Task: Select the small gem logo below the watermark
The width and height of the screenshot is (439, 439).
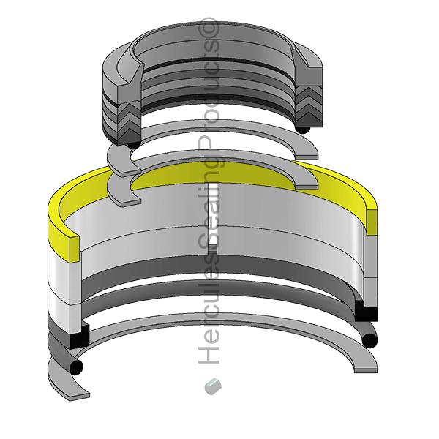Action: tap(213, 386)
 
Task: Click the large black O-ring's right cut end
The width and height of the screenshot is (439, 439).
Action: tap(369, 340)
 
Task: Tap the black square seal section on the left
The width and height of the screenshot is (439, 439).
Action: tap(79, 337)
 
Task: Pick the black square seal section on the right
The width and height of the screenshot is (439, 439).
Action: tap(366, 311)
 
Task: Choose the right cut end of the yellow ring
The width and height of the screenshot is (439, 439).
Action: tap(372, 222)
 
